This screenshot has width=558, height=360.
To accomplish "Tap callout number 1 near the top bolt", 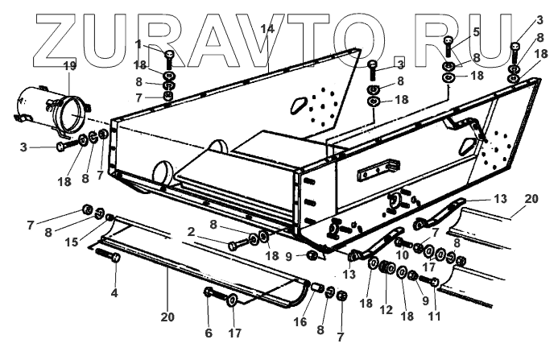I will pos(138,45).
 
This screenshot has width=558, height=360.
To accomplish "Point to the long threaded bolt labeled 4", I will pos(109,257).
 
